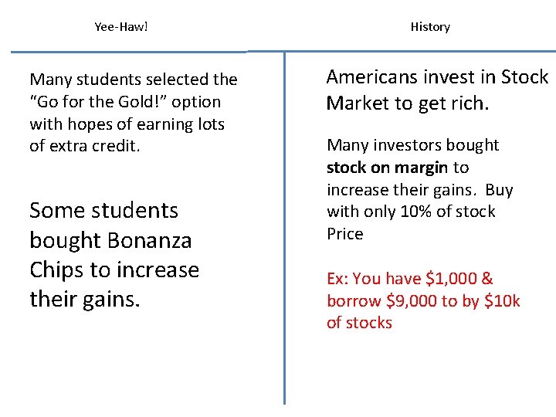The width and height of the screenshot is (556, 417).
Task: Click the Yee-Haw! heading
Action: [120, 27]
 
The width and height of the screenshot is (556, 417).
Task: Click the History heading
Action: [430, 27]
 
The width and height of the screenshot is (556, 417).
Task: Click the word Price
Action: [344, 234]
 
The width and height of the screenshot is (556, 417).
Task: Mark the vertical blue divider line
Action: [284, 232]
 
